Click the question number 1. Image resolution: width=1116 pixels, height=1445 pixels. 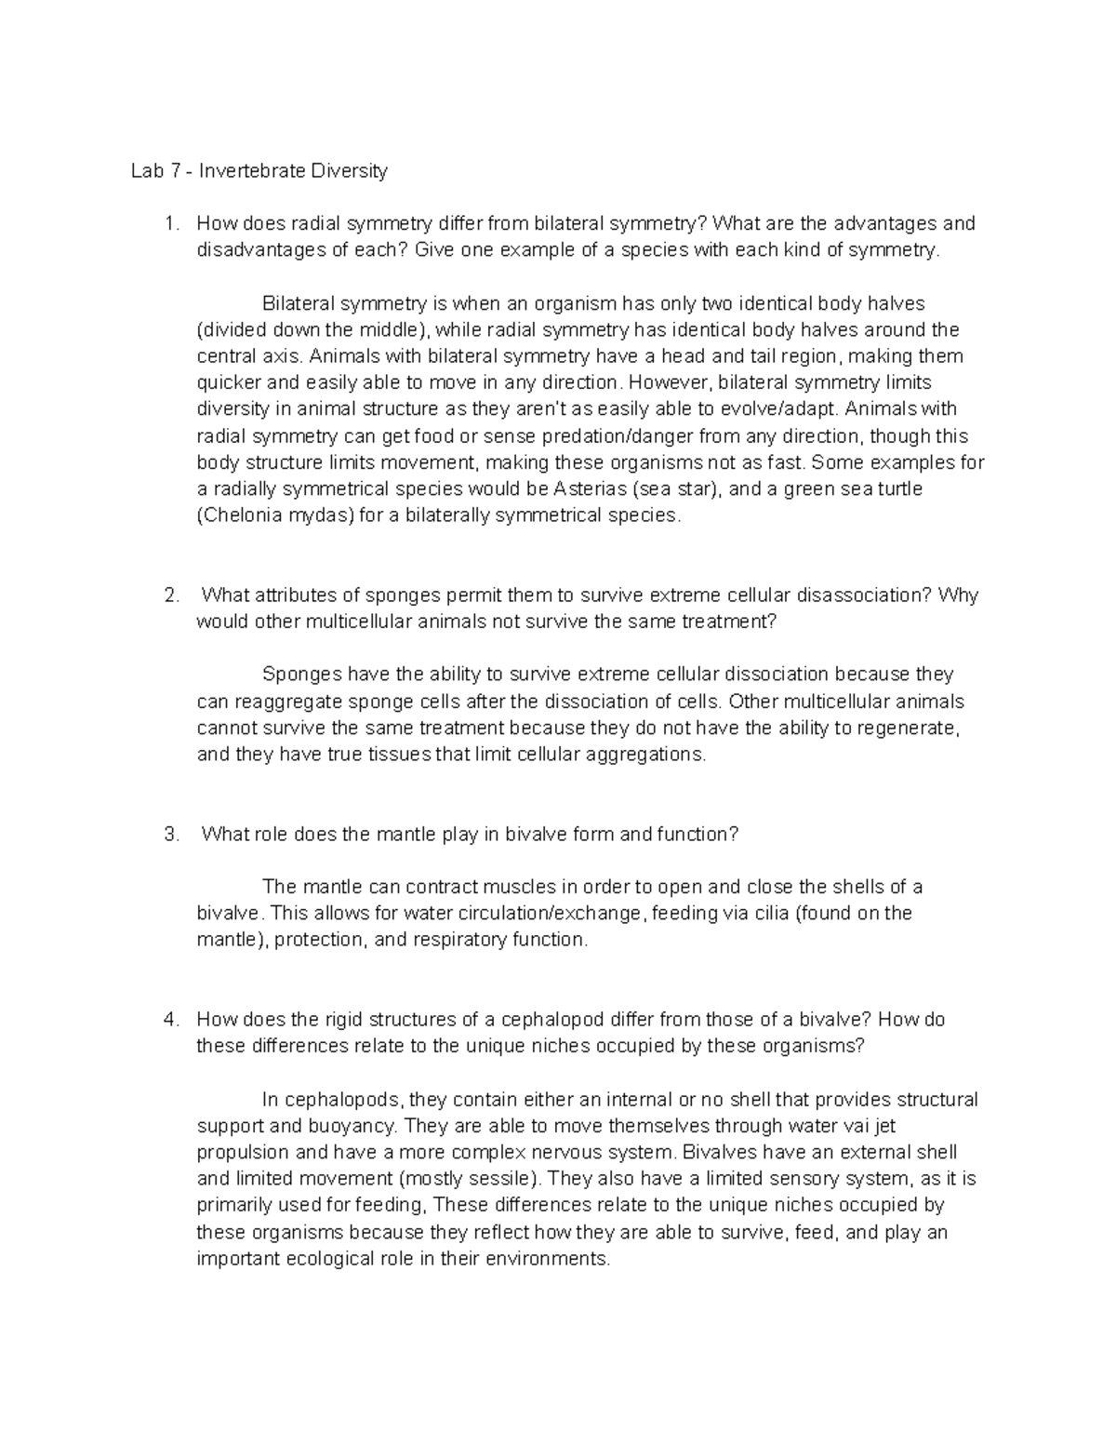pyautogui.click(x=168, y=223)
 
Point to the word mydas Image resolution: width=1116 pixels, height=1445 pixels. pyautogui.click(x=316, y=515)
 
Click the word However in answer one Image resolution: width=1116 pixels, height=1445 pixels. pyautogui.click(x=670, y=382)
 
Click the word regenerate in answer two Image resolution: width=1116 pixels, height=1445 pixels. pyautogui.click(x=905, y=728)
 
